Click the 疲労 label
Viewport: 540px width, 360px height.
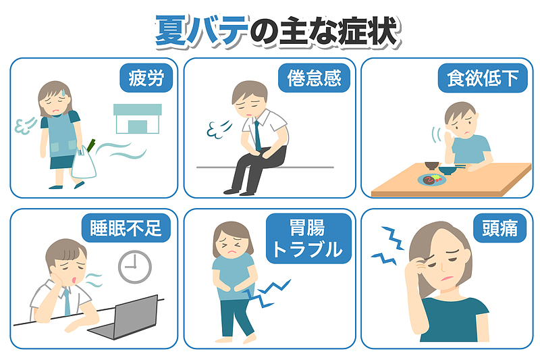(146, 78)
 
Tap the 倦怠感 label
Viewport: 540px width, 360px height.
(314, 78)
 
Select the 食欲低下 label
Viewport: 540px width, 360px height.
(483, 78)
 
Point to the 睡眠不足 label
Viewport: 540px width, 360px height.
(126, 228)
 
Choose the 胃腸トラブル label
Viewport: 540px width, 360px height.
(308, 238)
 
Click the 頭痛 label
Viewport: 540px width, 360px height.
(500, 228)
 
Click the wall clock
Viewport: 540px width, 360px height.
(134, 267)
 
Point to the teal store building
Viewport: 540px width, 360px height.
(138, 118)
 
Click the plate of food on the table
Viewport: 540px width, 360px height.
(432, 180)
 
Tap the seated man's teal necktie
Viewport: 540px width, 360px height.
(257, 136)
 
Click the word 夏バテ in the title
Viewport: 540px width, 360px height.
(202, 31)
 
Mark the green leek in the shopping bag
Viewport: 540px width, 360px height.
(91, 145)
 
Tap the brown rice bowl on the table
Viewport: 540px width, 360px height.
(431, 165)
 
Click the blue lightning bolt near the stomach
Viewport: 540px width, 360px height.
(266, 293)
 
